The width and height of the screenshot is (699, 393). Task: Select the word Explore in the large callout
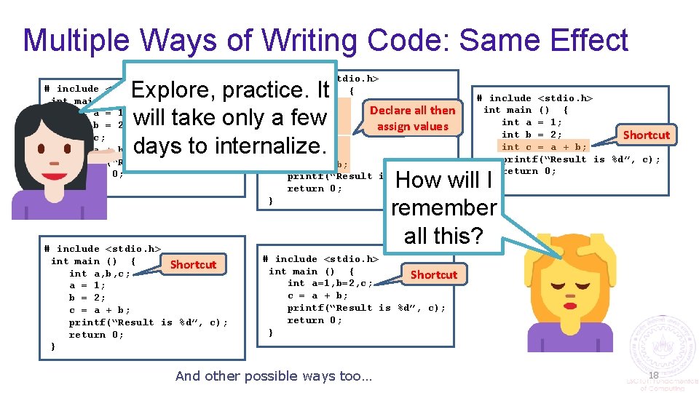(x=174, y=90)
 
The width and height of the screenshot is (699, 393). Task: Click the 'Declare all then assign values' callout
(x=412, y=118)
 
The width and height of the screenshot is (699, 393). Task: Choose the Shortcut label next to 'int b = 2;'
(x=646, y=135)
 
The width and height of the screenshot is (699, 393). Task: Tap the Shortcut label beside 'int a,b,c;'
(x=193, y=264)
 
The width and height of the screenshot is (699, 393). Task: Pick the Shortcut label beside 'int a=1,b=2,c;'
(x=433, y=274)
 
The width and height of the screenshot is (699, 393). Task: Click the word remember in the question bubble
(x=443, y=207)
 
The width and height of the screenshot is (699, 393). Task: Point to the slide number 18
(x=653, y=375)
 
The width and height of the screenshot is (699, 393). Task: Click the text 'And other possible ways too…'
(x=273, y=376)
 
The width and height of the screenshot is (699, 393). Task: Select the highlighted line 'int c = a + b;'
(x=545, y=147)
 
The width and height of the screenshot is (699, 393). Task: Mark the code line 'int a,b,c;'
(x=100, y=274)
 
